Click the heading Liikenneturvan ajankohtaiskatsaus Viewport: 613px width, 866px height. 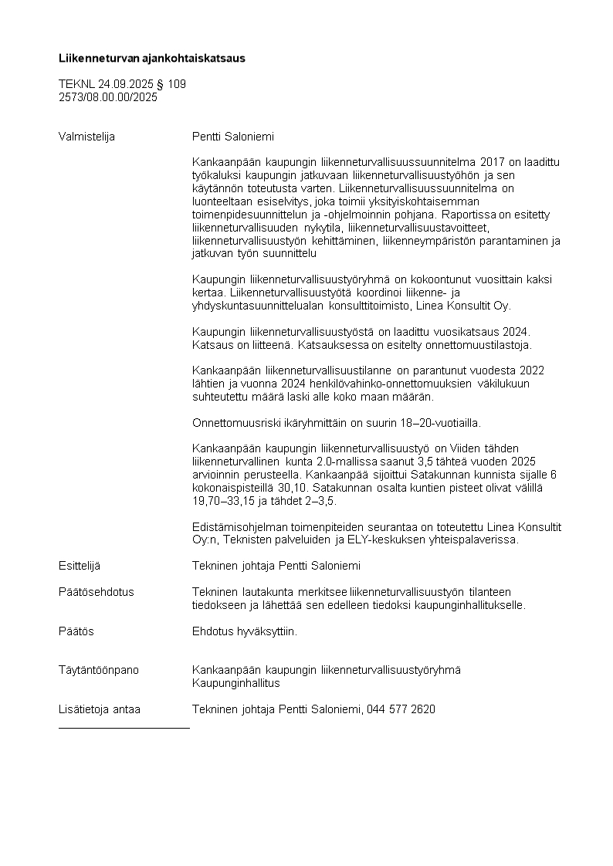click(152, 58)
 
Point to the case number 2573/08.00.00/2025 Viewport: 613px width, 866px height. click(108, 96)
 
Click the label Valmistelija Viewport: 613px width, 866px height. click(86, 137)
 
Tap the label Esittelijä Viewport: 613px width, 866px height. click(80, 566)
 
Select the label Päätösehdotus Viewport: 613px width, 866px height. click(97, 592)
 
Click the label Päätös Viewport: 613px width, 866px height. click(76, 631)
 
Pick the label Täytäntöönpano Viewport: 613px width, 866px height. click(99, 670)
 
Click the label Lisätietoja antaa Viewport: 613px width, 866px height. click(100, 709)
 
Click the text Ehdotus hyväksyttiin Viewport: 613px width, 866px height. click(244, 631)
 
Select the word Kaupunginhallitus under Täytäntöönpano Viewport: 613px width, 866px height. click(235, 683)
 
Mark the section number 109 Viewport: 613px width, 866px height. click(177, 83)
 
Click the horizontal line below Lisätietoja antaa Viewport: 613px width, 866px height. click(124, 727)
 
